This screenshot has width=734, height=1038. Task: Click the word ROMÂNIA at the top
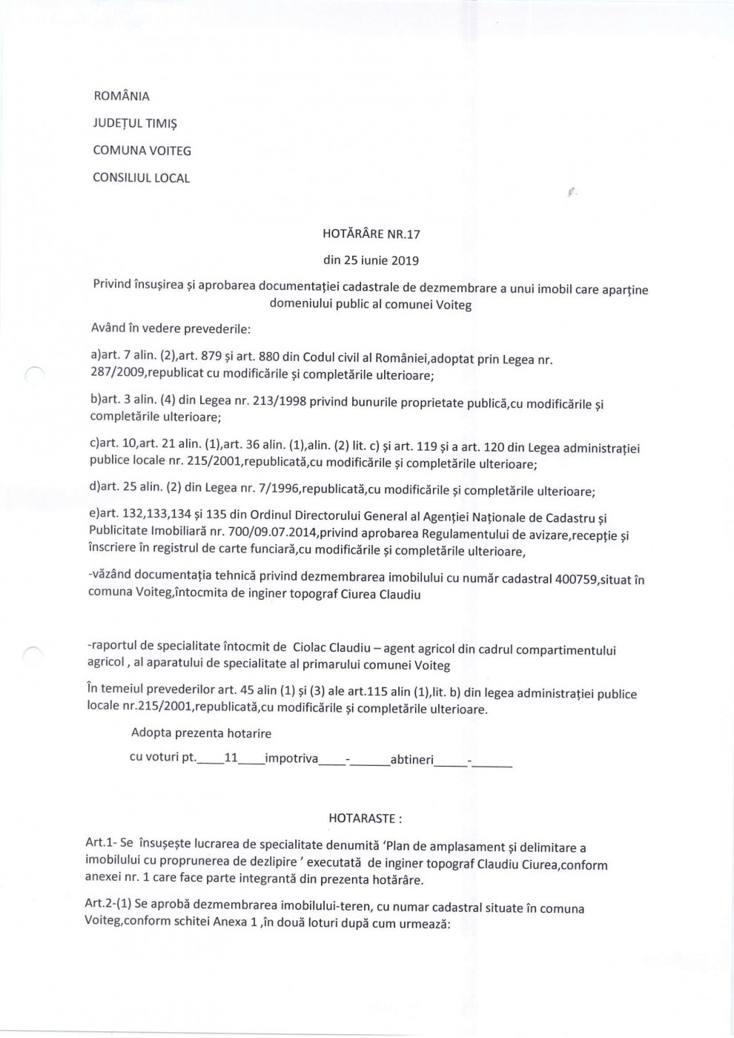[x=121, y=96]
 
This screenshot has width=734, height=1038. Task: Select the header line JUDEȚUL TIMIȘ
[x=134, y=124]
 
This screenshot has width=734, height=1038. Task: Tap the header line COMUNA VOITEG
[x=142, y=151]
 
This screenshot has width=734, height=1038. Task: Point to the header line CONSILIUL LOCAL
[x=141, y=179]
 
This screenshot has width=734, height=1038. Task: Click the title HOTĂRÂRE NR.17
[x=371, y=234]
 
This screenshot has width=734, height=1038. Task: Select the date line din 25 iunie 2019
[x=371, y=261]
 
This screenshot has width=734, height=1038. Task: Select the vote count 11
[x=231, y=759]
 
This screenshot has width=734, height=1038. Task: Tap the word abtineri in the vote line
[x=411, y=760]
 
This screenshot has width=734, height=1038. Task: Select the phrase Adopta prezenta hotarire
[x=201, y=733]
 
